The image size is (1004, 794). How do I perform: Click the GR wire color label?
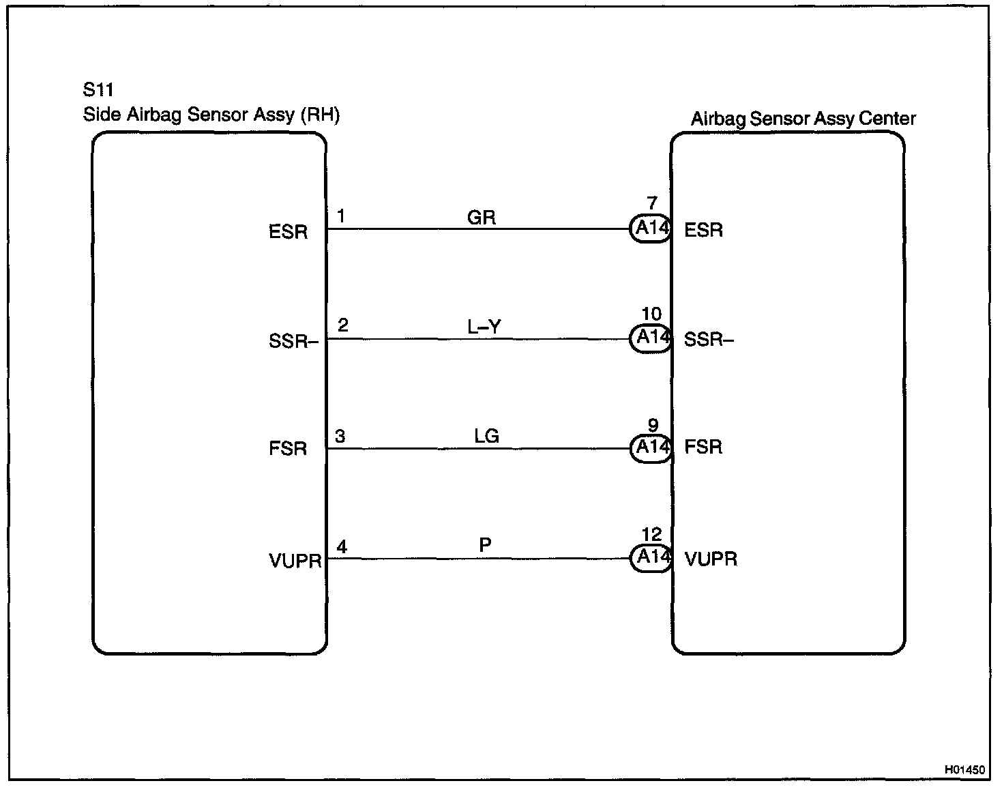481,218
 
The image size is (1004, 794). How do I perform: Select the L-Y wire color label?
484,327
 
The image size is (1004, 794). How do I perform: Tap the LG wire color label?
486,436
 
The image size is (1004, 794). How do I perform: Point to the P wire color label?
485,545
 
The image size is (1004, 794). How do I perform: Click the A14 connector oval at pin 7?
651,229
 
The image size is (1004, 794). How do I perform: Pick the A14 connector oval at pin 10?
651,338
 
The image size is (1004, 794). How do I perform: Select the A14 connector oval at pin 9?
651,448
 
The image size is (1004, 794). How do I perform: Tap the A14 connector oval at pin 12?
651,558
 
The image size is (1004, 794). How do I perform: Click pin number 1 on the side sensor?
341,216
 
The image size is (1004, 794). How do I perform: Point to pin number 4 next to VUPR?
342,546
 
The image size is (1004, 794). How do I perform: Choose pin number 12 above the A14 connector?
652,534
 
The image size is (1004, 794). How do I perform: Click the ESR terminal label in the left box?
288,232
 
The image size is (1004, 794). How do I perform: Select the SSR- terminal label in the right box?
709,339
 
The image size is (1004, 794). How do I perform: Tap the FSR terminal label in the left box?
288,449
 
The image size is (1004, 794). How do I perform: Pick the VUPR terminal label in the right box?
711,559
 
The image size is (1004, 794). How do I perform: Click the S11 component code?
98,90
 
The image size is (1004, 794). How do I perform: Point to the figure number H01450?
964,769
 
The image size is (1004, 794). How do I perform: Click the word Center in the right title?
887,119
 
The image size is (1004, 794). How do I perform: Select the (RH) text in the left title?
320,115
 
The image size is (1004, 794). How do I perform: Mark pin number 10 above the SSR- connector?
651,314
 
